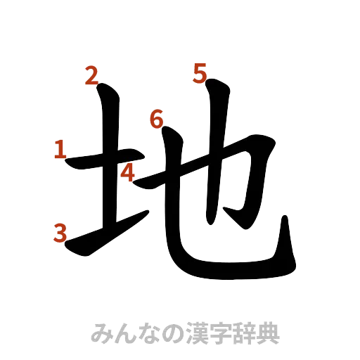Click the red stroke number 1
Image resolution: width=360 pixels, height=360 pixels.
click(x=59, y=149)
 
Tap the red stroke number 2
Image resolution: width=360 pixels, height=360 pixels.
click(x=91, y=75)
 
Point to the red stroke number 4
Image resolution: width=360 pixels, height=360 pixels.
click(x=127, y=172)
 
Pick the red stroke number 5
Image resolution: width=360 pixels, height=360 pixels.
click(x=200, y=72)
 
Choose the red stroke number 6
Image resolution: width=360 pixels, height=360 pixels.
click(x=156, y=120)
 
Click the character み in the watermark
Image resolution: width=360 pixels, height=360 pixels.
click(x=103, y=333)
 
